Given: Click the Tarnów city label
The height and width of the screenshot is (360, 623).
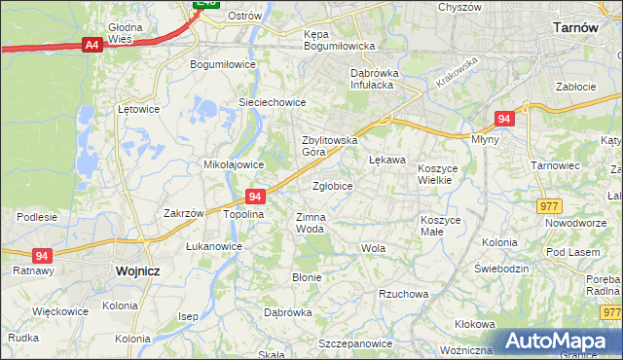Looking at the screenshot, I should [x=574, y=28].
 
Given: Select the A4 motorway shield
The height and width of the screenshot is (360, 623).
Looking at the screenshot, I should [x=92, y=45].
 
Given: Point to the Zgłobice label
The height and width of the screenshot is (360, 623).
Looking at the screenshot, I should [x=333, y=186].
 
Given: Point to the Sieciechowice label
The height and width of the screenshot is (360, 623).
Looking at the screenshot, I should [x=273, y=102].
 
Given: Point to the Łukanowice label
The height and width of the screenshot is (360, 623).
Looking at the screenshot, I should [x=214, y=247].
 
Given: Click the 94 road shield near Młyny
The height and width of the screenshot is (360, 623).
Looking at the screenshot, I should [x=502, y=119].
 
